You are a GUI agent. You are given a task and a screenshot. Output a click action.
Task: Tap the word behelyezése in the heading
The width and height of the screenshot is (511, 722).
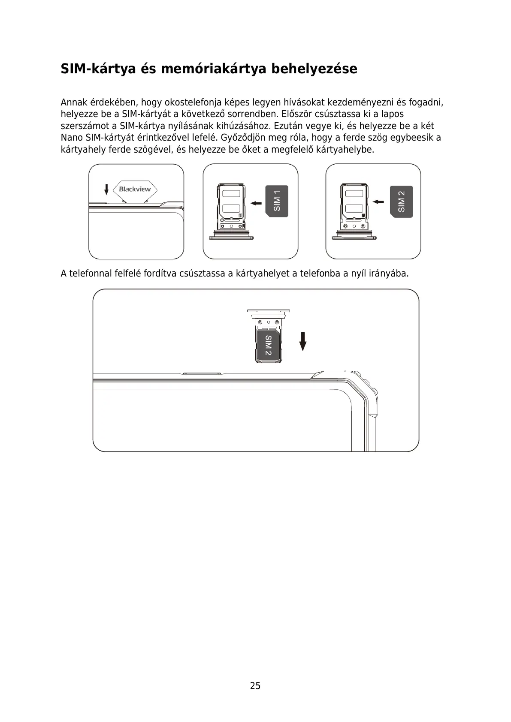click(x=314, y=69)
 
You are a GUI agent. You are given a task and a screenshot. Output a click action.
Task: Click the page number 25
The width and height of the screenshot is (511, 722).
click(x=255, y=686)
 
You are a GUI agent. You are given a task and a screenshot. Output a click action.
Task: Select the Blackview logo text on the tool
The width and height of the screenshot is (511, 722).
click(x=135, y=189)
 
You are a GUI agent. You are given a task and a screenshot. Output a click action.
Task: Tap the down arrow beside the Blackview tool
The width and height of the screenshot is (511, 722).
click(x=106, y=189)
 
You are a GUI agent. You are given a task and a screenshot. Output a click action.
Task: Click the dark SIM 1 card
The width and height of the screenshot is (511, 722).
click(x=277, y=201)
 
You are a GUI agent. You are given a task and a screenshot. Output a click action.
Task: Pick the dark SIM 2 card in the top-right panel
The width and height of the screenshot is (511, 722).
click(x=401, y=202)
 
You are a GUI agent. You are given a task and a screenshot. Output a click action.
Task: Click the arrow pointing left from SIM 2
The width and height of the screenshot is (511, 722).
click(x=378, y=202)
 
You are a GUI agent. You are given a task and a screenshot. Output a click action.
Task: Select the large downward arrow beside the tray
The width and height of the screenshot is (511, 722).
click(x=303, y=341)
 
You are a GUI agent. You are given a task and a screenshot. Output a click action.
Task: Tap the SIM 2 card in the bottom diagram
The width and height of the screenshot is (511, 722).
click(x=268, y=346)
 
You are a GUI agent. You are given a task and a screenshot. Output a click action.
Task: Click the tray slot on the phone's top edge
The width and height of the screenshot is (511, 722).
click(x=202, y=374)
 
